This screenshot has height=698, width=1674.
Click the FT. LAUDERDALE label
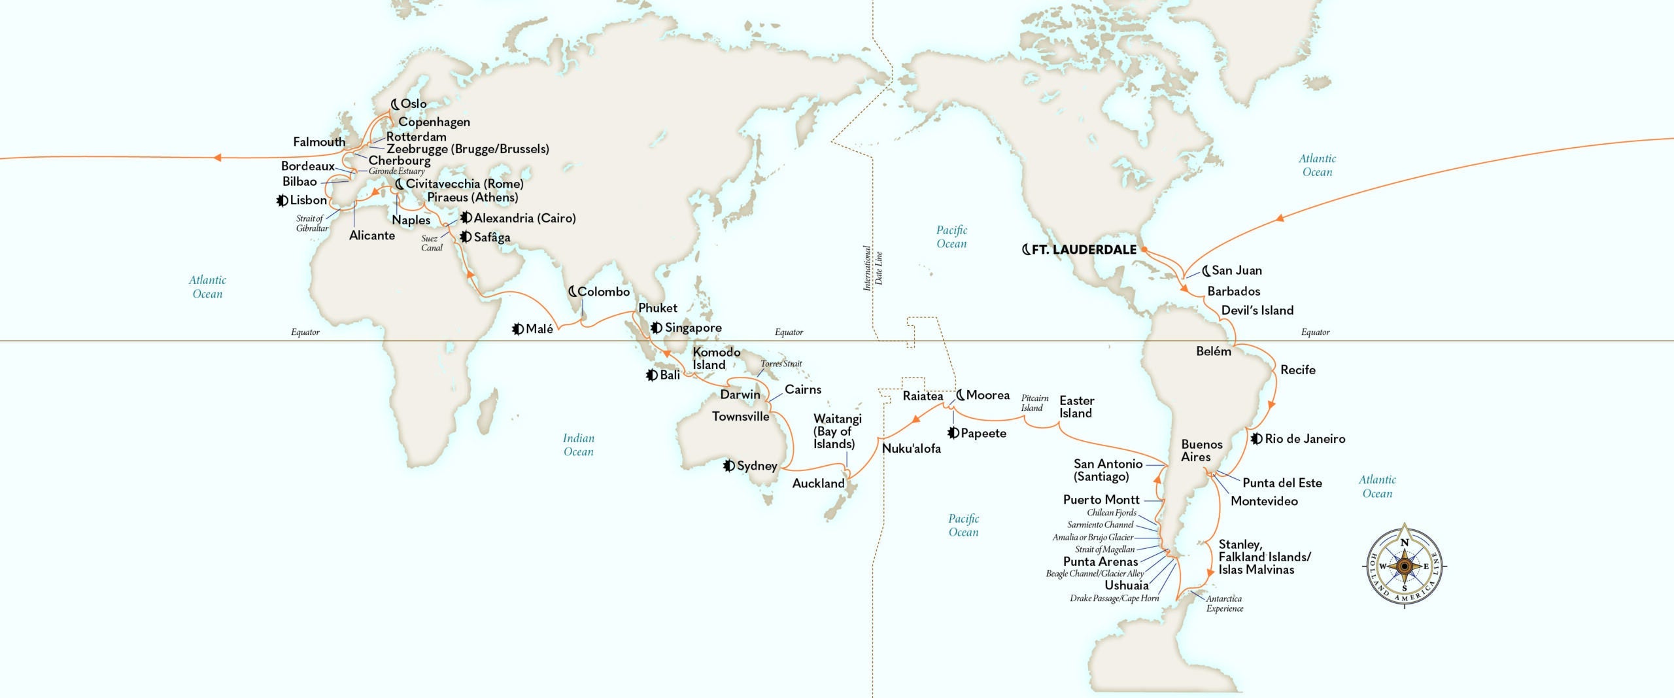[1084, 249]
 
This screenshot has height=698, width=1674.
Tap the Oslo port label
[413, 103]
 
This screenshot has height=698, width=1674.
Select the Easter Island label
[1076, 407]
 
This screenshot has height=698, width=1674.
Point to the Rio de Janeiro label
[1305, 439]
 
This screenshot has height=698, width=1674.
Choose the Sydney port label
[757, 466]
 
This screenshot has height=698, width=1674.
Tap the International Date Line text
[872, 268]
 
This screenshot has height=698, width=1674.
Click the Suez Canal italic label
[432, 243]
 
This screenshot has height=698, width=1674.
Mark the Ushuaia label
[1126, 585]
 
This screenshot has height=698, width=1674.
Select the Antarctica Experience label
[1224, 603]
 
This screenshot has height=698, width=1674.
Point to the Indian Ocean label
[578, 445]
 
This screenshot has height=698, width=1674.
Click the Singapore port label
[693, 328]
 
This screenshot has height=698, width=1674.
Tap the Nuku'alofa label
[911, 449]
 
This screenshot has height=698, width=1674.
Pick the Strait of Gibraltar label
[312, 223]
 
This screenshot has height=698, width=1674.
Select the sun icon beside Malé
[518, 329]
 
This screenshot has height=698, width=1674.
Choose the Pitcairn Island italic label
[1034, 403]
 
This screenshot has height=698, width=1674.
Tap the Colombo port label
[603, 292]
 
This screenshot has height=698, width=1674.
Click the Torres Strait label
[781, 364]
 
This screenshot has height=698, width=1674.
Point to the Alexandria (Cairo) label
[524, 218]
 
